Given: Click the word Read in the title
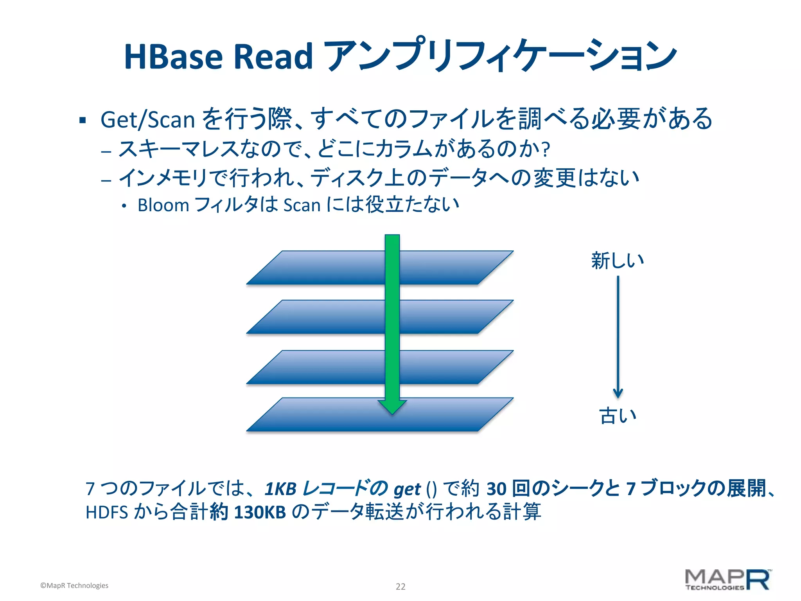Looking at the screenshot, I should pyautogui.click(x=273, y=57).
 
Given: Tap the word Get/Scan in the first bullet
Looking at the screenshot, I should pyautogui.click(x=147, y=120).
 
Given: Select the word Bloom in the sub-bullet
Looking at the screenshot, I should pyautogui.click(x=163, y=205).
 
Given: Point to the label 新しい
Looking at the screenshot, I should pyautogui.click(x=618, y=261).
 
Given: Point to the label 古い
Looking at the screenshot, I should pyautogui.click(x=618, y=416).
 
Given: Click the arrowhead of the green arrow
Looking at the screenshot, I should pyautogui.click(x=392, y=407).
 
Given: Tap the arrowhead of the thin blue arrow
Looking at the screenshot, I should pyautogui.click(x=618, y=393).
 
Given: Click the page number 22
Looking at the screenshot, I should pyautogui.click(x=400, y=587).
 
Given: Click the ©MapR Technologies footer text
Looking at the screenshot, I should pyautogui.click(x=74, y=586).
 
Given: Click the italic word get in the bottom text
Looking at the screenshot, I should pyautogui.click(x=407, y=489).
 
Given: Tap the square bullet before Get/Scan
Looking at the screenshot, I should pyautogui.click(x=83, y=120).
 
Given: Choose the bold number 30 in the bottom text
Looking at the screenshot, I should pyautogui.click(x=496, y=489).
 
